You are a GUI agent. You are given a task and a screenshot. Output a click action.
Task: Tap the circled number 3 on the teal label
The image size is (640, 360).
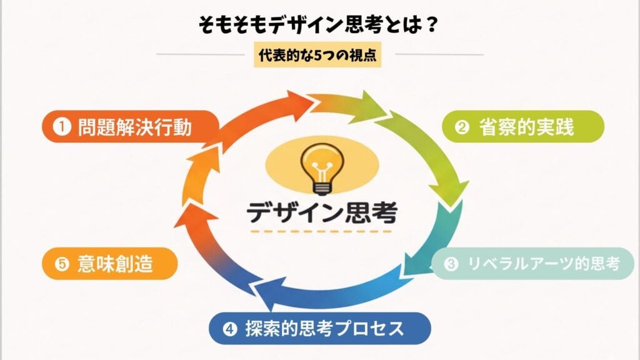pos(451,265)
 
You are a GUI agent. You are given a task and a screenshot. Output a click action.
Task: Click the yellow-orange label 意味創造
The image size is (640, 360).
pos(108,264)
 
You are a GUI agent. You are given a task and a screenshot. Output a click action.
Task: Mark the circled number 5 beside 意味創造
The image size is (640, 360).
pos(61,265)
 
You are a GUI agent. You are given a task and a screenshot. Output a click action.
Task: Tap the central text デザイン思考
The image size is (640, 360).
pos(321,212)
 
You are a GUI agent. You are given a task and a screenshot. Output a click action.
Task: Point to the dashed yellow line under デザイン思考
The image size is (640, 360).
pos(321,232)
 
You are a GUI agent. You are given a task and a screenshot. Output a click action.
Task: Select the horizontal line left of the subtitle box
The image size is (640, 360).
pos(201,54)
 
